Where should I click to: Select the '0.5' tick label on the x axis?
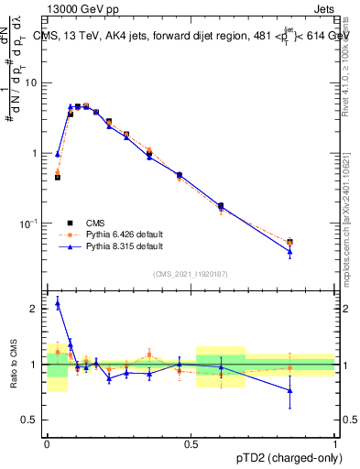point(191,443)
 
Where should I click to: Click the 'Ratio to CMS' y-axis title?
point(13,365)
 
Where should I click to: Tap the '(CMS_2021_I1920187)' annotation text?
point(191,274)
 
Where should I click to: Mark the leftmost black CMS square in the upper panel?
point(58,177)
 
